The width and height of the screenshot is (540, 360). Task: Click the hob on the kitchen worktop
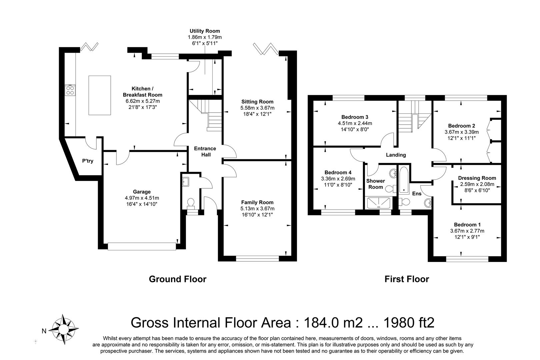click(x=70, y=90)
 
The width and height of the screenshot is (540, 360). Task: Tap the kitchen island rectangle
click(x=100, y=95)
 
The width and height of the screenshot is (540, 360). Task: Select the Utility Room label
click(x=205, y=31)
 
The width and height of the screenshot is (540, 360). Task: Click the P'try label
click(x=88, y=161)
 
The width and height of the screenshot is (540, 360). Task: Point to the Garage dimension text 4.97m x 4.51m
click(x=142, y=198)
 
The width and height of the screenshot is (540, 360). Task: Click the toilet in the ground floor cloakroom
click(x=191, y=204)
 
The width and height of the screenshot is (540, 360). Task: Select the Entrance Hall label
click(x=205, y=152)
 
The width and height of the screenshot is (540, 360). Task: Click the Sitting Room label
click(x=257, y=102)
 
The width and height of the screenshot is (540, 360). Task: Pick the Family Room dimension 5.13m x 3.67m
click(x=257, y=208)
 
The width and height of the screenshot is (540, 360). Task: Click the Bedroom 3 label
click(x=355, y=117)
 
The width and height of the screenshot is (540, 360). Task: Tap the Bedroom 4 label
click(x=338, y=172)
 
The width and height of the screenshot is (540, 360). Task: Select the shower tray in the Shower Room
click(x=378, y=203)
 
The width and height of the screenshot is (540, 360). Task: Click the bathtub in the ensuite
click(x=404, y=180)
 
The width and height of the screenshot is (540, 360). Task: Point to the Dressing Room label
click(x=477, y=178)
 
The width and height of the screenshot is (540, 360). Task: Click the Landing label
click(x=396, y=155)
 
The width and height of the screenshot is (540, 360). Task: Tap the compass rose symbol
click(x=64, y=329)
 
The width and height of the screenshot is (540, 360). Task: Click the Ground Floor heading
click(x=178, y=279)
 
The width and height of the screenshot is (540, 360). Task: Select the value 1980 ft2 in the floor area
click(x=409, y=322)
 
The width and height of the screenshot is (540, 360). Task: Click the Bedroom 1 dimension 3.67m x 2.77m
click(x=467, y=231)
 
